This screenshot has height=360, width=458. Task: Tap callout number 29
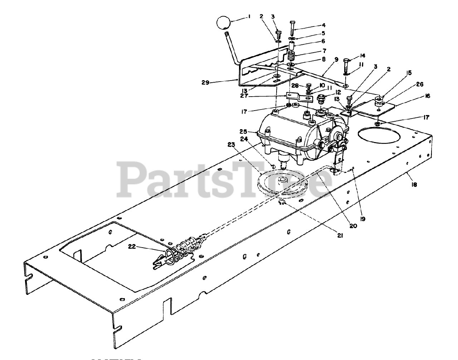click(x=205, y=82)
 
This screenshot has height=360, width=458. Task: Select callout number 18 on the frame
click(x=415, y=185)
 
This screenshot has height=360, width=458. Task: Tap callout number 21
click(x=340, y=235)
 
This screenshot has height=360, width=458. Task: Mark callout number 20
click(x=353, y=226)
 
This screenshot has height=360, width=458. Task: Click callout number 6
click(x=323, y=41)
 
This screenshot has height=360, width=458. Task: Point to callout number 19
click(x=364, y=217)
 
